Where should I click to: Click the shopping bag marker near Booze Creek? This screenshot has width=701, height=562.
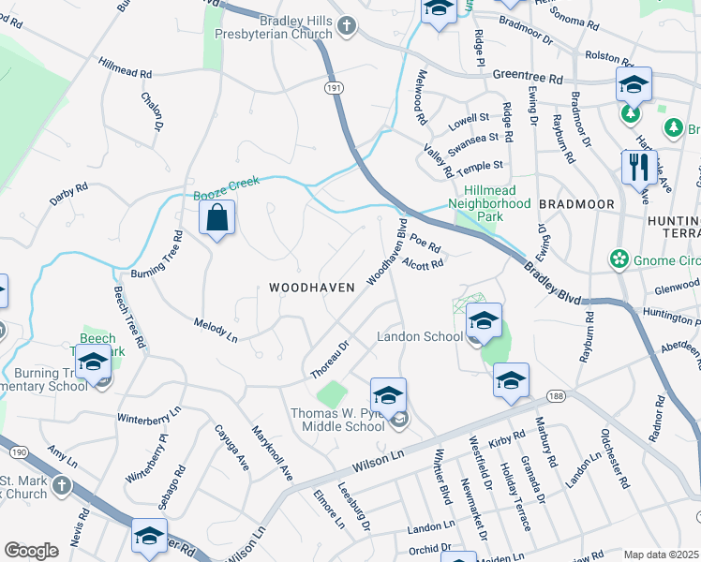click(x=216, y=219)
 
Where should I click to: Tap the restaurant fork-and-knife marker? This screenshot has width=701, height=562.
click(x=639, y=169)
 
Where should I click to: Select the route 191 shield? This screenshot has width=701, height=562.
click(x=336, y=85)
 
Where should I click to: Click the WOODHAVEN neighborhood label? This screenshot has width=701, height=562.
click(x=311, y=288)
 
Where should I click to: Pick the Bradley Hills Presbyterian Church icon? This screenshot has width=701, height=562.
click(x=347, y=27)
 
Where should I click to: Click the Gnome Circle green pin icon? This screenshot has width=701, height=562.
click(x=619, y=258)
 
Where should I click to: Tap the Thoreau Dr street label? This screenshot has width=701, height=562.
click(x=330, y=360)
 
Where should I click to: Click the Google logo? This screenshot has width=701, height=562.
click(x=31, y=551)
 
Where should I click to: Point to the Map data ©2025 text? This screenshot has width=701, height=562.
click(x=661, y=555)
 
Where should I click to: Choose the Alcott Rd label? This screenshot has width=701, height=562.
click(x=423, y=266)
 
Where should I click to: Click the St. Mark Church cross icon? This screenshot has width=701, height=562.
click(x=61, y=486)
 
